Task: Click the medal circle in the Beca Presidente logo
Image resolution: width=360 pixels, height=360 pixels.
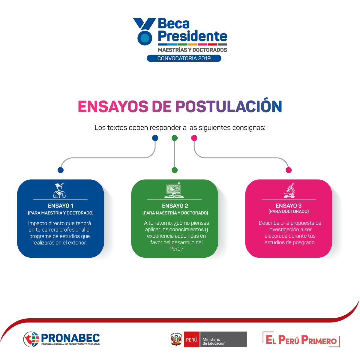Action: pos(145,38)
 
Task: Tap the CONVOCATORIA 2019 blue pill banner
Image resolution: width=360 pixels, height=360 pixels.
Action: pos(184,58)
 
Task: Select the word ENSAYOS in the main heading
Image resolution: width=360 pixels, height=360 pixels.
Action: pos(113,106)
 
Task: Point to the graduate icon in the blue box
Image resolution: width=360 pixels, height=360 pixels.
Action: pos(59,190)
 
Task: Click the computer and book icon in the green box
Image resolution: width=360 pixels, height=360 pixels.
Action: pos(174,190)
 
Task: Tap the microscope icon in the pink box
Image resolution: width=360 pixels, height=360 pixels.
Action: pos(289,190)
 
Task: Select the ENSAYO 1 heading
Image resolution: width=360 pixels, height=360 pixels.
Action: pos(61,206)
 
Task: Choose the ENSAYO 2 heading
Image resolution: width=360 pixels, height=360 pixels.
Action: pos(175,206)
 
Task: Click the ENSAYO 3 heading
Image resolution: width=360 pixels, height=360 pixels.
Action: pos(288,206)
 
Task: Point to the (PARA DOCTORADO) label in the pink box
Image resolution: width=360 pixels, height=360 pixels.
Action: pos(288,211)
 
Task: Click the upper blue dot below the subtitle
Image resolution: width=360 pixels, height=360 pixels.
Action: pos(155,138)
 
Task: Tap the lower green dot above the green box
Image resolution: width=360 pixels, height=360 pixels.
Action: pos(175,170)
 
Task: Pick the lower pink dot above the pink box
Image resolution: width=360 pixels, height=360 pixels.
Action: pos(289,170)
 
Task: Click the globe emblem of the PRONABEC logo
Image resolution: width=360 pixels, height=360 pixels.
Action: pos(31,339)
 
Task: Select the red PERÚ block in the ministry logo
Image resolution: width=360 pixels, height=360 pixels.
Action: pos(192,339)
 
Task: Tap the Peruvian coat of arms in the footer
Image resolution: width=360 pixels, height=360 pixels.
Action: pos(176,339)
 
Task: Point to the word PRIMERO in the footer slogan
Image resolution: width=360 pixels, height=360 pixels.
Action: pos(319,340)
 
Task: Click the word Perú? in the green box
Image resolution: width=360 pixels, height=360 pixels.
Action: pos(176,249)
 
